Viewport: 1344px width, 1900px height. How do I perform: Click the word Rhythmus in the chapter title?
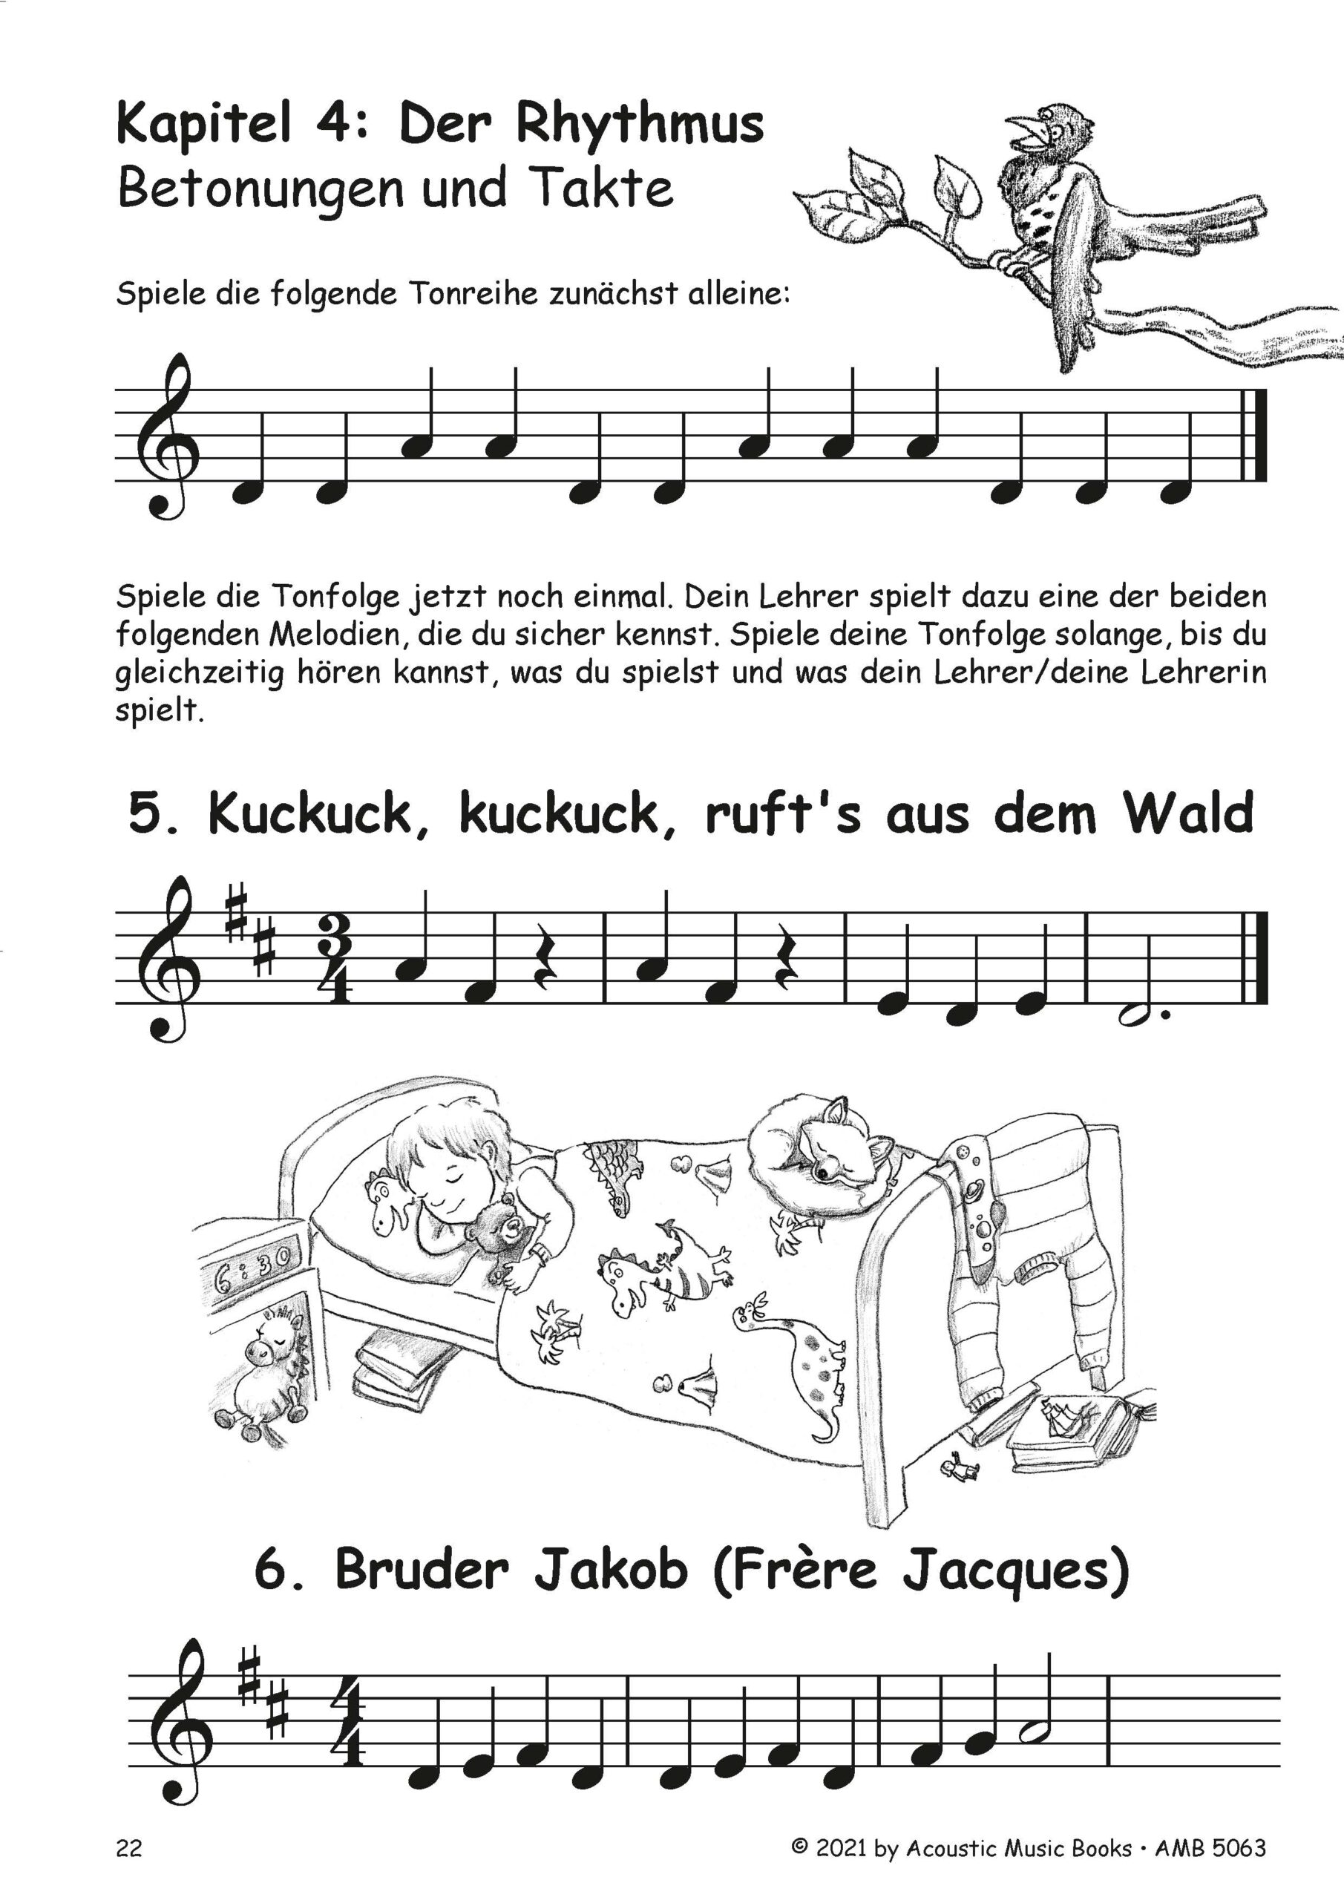coord(639,125)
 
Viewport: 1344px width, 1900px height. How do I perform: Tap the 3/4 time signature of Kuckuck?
coord(332,960)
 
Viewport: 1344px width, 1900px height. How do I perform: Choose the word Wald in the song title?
coord(1187,813)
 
